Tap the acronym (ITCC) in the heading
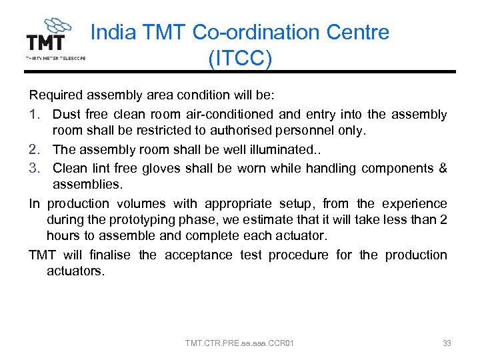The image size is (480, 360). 240,58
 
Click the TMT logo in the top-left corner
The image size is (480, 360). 55,39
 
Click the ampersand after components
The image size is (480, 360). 442,168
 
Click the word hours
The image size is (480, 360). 63,237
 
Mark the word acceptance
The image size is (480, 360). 198,255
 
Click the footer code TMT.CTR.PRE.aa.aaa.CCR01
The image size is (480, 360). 240,343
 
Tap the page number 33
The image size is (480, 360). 447,343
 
